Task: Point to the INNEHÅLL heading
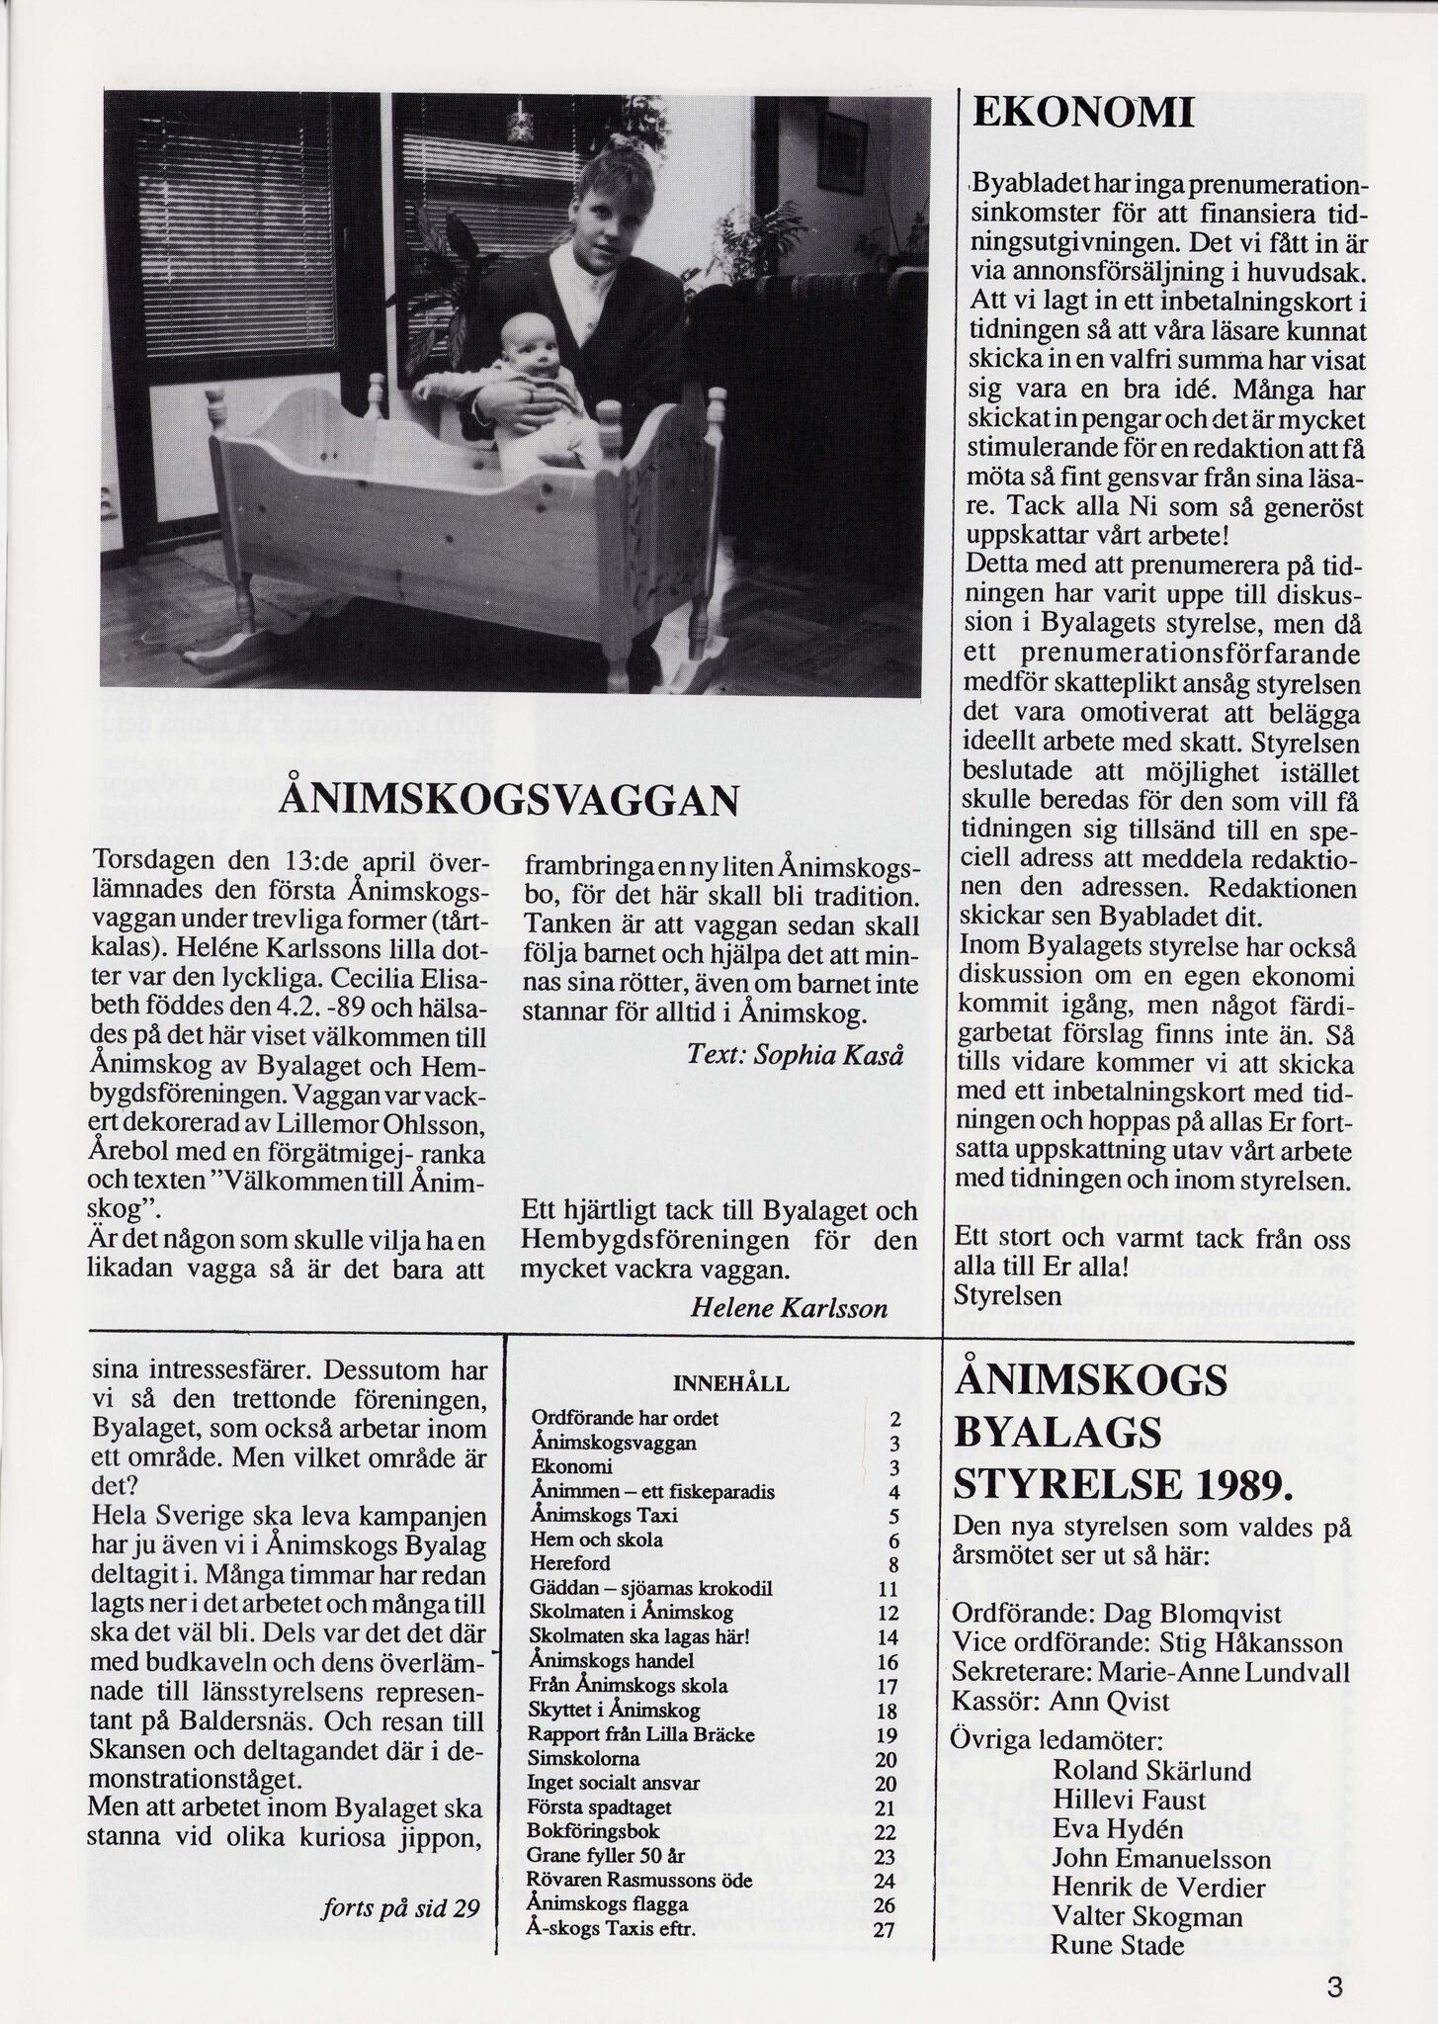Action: pos(730,1384)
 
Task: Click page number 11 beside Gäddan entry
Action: pos(887,1589)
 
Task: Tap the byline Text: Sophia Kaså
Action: pos(795,1054)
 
